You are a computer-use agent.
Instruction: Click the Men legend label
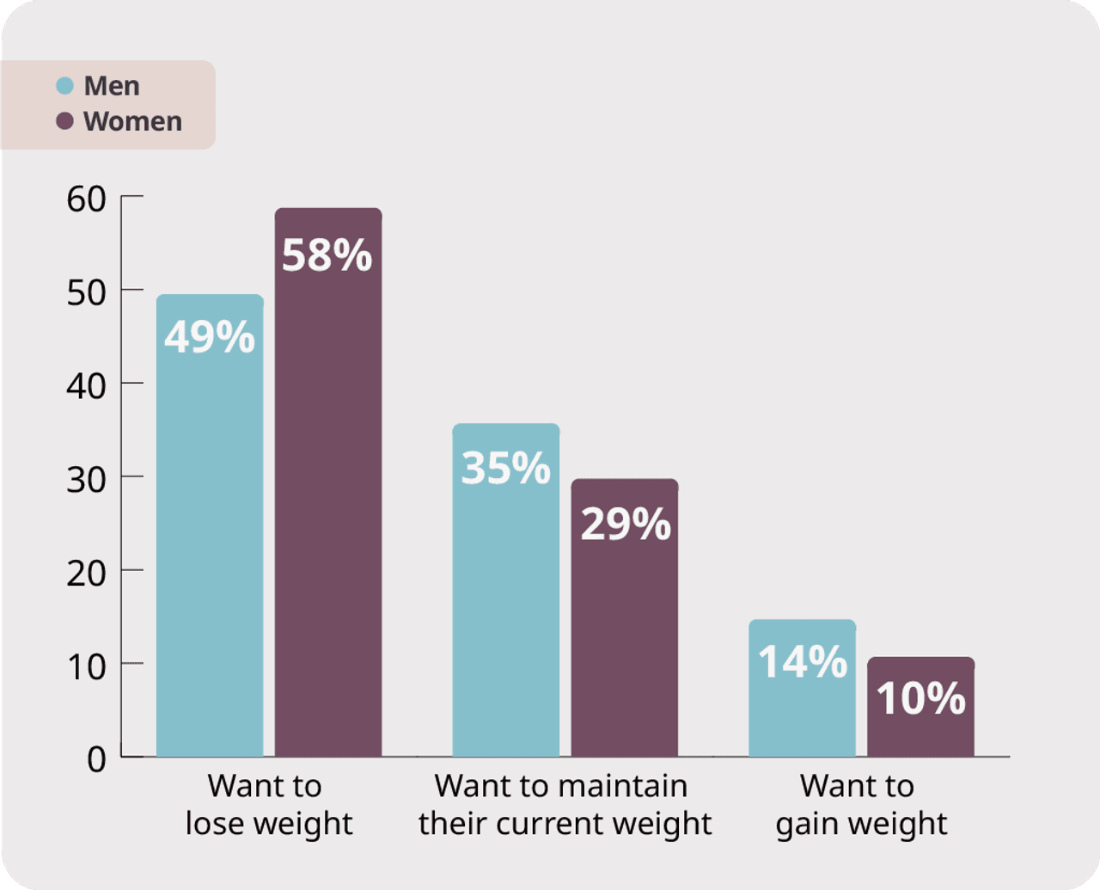[112, 86]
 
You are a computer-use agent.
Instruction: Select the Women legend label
[132, 121]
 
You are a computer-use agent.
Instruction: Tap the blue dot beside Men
[64, 86]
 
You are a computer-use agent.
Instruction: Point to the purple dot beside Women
[64, 121]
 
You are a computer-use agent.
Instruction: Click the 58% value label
[327, 255]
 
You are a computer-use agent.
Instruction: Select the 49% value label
[210, 337]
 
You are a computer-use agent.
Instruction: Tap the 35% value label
[505, 468]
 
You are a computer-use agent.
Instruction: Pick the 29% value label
[625, 524]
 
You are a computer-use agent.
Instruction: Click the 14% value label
[802, 662]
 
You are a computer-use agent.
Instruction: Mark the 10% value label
[920, 698]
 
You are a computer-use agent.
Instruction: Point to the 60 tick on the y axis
[86, 199]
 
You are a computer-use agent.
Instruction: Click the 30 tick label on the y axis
[86, 479]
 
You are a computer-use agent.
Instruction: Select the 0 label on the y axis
[96, 759]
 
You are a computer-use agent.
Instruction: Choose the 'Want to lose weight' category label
[268, 804]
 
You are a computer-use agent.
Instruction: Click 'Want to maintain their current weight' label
[565, 804]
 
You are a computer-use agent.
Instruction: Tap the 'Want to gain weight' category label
[861, 804]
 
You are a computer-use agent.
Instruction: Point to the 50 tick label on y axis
[86, 292]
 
